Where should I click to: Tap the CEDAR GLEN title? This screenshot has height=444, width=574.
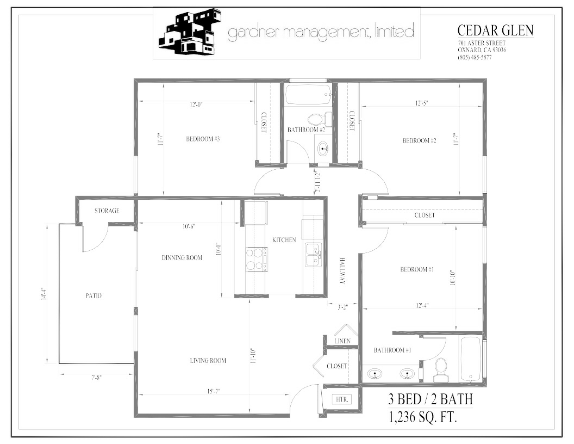click(x=495, y=30)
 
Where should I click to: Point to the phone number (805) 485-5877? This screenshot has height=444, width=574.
click(x=475, y=57)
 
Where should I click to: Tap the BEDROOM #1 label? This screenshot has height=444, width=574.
click(x=417, y=270)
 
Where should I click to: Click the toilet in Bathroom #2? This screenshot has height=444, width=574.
click(x=315, y=119)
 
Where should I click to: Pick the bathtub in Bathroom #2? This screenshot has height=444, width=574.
click(x=308, y=94)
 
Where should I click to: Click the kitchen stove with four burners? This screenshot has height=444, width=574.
click(x=257, y=259)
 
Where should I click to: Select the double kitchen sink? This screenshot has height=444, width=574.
click(x=313, y=254)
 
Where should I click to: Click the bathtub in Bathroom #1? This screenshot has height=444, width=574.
click(x=471, y=359)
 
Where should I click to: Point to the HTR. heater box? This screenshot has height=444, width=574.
click(x=342, y=399)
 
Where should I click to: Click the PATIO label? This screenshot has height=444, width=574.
click(x=93, y=296)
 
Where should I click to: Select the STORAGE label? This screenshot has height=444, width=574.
click(x=107, y=211)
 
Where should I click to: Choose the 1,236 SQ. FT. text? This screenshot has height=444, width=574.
click(x=421, y=418)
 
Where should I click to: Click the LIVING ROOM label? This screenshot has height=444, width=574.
click(x=208, y=360)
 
